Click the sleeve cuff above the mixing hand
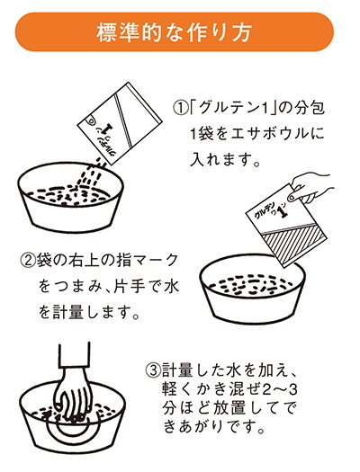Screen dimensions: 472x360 coord(77,355)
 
